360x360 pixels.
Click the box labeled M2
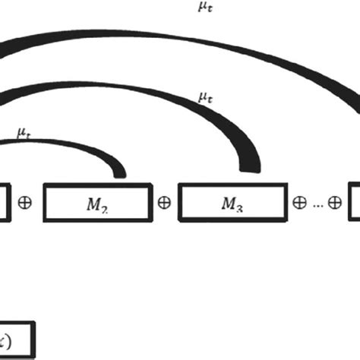96,203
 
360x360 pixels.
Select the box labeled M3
233,203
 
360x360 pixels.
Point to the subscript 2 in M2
105,207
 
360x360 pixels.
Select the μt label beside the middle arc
204,96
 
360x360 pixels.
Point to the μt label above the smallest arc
24,132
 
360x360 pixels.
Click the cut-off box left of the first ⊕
4,203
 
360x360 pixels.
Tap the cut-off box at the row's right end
355,203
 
